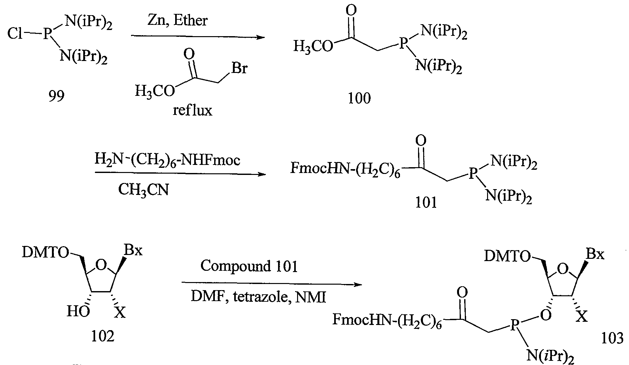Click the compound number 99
coord(56,96)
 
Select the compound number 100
coord(359,98)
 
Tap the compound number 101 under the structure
coord(426,202)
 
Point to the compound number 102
coord(103,337)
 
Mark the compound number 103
coord(612,339)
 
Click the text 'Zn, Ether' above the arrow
coord(177,21)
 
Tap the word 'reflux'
coord(193,111)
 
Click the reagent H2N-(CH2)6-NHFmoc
coord(167,160)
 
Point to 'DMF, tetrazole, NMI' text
coord(258,296)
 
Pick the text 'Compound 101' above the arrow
coord(249,267)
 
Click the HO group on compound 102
coord(78,311)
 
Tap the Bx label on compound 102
coord(133,250)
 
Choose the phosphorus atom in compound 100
coord(403,44)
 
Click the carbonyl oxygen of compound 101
coord(421,140)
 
